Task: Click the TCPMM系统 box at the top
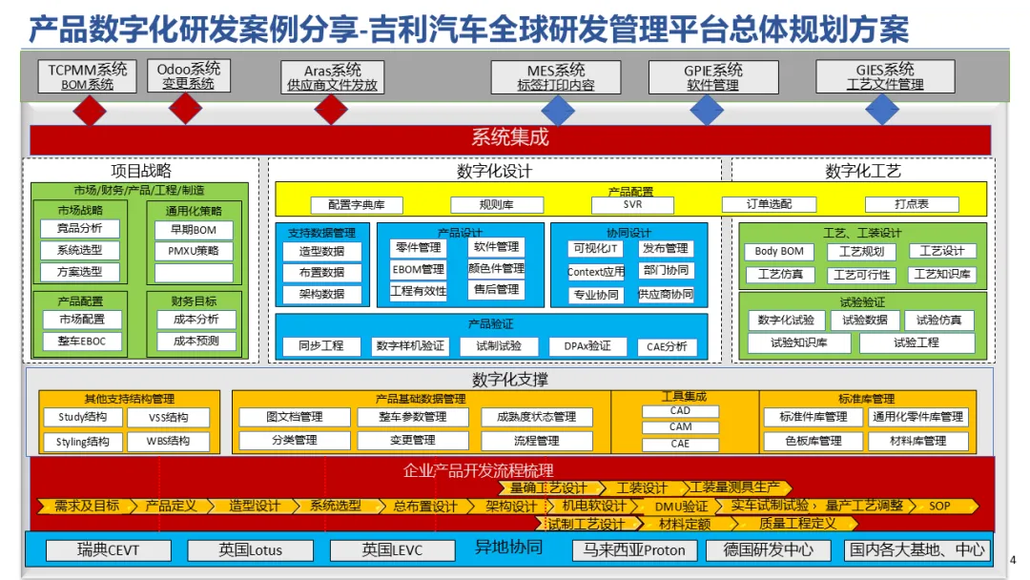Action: [88, 76]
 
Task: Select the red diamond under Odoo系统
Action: [185, 109]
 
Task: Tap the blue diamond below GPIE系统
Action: [707, 110]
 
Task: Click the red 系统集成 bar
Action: [510, 138]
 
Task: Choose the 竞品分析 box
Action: [80, 229]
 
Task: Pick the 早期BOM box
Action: [194, 230]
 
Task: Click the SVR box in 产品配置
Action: [632, 205]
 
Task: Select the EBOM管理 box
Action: [418, 270]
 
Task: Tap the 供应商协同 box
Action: [666, 294]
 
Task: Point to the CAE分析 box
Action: [666, 346]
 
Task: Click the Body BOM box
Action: [778, 252]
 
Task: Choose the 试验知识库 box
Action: [798, 342]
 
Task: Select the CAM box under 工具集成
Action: [680, 427]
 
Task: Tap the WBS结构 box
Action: [168, 442]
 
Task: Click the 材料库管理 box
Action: [918, 441]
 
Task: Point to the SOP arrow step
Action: [939, 506]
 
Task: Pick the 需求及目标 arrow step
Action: [86, 506]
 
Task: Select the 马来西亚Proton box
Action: [634, 550]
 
